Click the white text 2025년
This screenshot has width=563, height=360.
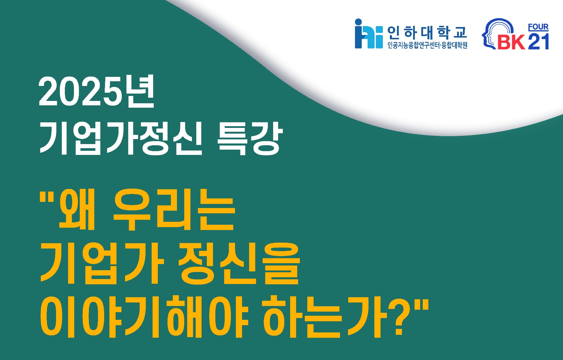[x=97, y=92]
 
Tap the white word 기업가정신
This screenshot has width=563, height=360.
[x=121, y=138]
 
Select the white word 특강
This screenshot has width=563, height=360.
[x=250, y=138]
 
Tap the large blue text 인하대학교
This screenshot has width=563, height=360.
[x=427, y=33]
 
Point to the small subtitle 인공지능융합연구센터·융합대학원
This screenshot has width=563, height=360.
[x=427, y=45]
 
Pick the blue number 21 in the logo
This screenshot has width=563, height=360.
[x=538, y=41]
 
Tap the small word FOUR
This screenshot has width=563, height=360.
[x=538, y=27]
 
